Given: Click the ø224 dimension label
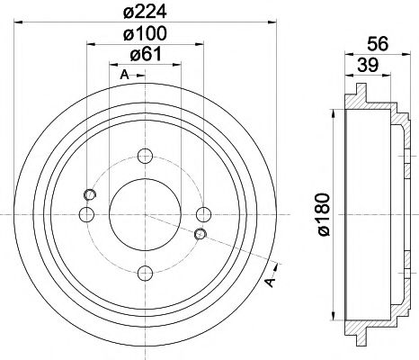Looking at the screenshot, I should pos(146,13).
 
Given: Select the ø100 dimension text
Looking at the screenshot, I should pos(146,35).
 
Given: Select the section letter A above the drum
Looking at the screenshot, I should pos(123,76).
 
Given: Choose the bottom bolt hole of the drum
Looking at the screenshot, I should pos(145,272).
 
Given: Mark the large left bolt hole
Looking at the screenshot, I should pos(87,213).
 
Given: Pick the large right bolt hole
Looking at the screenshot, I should pos(203,213).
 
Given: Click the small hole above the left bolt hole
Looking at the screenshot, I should pos(89,194).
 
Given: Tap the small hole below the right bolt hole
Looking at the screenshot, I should pos(201,235).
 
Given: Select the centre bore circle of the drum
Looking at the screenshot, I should pos(145,213).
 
